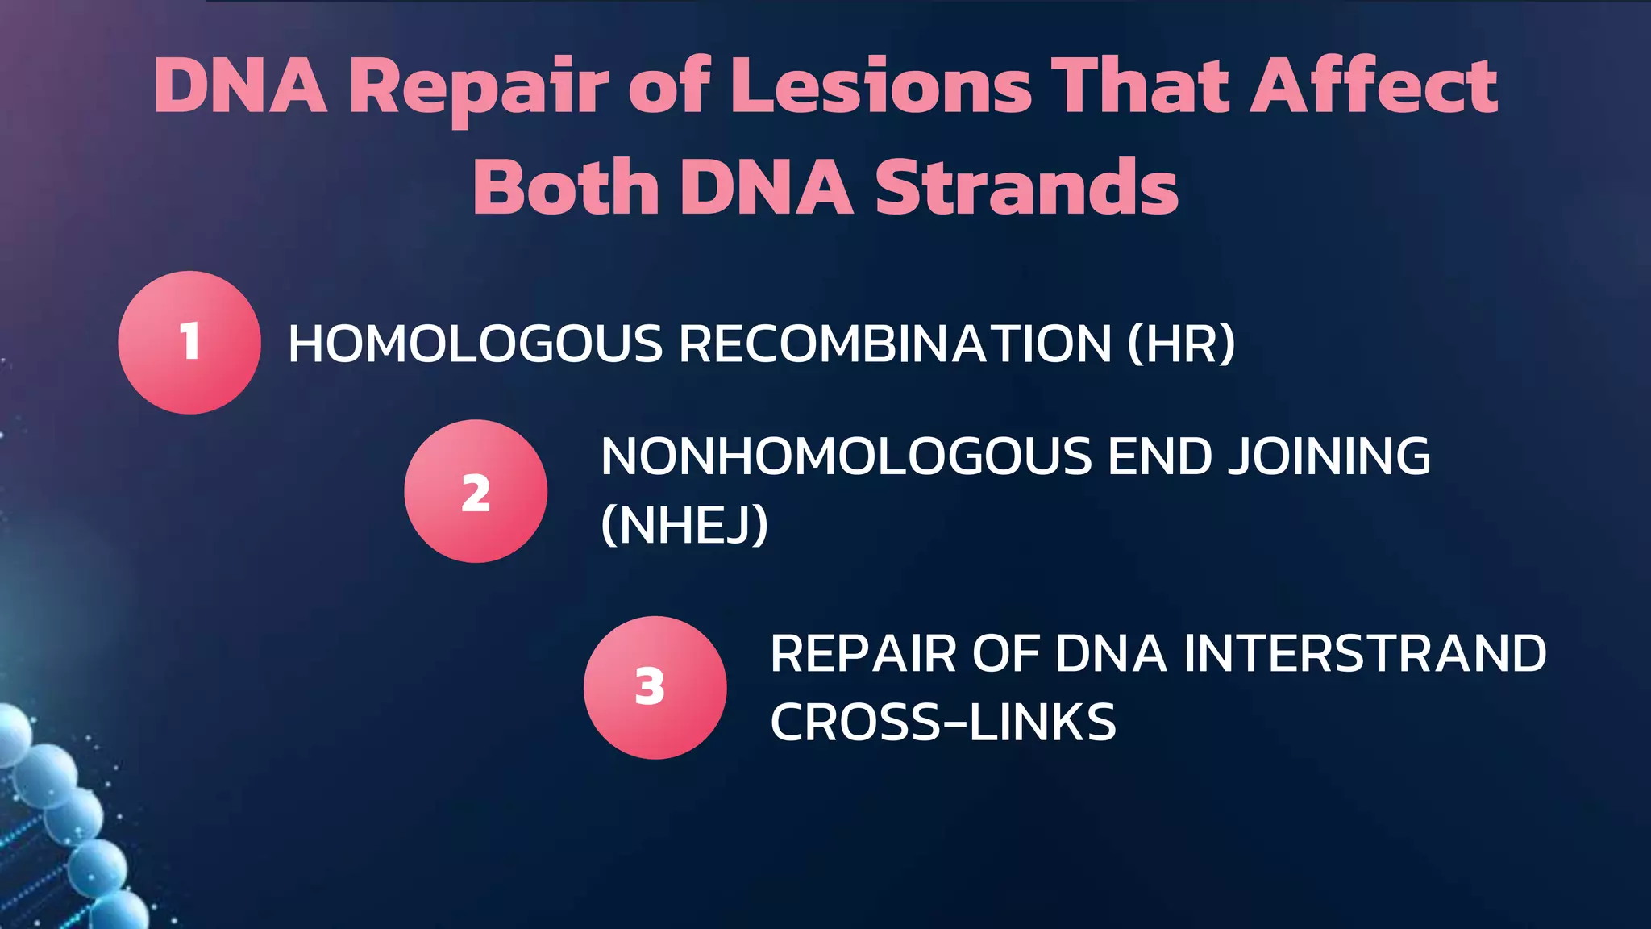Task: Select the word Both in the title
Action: pyautogui.click(x=565, y=187)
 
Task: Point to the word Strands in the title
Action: pyautogui.click(x=1026, y=187)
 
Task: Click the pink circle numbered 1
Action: pyautogui.click(x=189, y=342)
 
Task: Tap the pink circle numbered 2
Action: pyautogui.click(x=476, y=491)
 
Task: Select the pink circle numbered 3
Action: pyautogui.click(x=655, y=687)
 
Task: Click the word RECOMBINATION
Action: pyautogui.click(x=895, y=344)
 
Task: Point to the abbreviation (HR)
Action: pyautogui.click(x=1181, y=344)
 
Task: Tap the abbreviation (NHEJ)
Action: pyautogui.click(x=684, y=524)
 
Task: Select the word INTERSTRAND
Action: pyautogui.click(x=1365, y=653)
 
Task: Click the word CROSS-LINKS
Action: pyautogui.click(x=943, y=722)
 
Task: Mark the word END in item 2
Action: pyautogui.click(x=1159, y=456)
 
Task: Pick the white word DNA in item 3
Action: pyautogui.click(x=1110, y=653)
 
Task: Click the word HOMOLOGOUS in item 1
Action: pyautogui.click(x=475, y=344)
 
